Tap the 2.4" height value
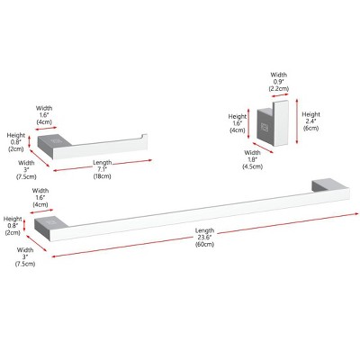(311, 122)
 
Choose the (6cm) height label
(311, 130)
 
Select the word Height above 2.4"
(311, 114)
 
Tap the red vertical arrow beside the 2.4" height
(294, 122)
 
